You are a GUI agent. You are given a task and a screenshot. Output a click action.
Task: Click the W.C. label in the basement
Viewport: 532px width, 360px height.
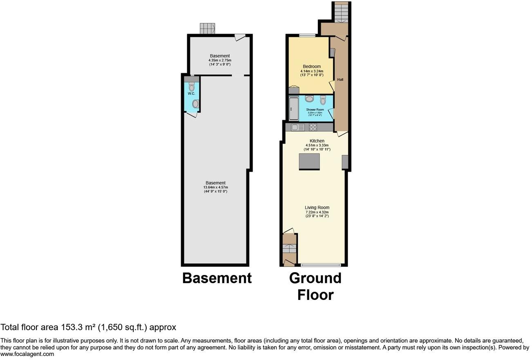pyautogui.click(x=191, y=94)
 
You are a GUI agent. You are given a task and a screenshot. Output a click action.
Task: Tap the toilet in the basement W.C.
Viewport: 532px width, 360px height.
pyautogui.click(x=192, y=87)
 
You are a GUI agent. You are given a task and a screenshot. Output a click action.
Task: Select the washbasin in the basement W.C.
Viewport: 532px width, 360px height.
pyautogui.click(x=196, y=104)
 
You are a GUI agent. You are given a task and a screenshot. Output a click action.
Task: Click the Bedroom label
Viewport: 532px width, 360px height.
pyautogui.click(x=311, y=66)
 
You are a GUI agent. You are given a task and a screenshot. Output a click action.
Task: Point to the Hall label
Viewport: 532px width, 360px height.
pyautogui.click(x=340, y=79)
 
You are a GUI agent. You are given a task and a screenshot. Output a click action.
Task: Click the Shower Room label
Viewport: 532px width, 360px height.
pyautogui.click(x=315, y=110)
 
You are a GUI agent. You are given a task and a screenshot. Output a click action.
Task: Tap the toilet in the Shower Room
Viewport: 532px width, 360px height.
pyautogui.click(x=323, y=100)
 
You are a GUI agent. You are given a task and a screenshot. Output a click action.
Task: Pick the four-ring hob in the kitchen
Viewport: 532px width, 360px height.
pyautogui.click(x=313, y=127)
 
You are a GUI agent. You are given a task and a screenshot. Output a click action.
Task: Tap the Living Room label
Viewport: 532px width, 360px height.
pyautogui.click(x=317, y=208)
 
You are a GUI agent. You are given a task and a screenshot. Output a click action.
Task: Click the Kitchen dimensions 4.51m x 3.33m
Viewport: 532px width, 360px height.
pyautogui.click(x=317, y=145)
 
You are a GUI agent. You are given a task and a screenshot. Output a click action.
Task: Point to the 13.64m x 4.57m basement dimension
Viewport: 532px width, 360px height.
pyautogui.click(x=215, y=187)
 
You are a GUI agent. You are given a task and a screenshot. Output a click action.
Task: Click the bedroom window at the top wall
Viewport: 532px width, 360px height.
pyautogui.click(x=307, y=36)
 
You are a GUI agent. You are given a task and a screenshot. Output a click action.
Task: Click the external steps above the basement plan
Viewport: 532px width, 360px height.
pyautogui.click(x=208, y=29)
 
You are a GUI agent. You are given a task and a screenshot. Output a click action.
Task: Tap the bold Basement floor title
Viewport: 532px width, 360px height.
pyautogui.click(x=217, y=278)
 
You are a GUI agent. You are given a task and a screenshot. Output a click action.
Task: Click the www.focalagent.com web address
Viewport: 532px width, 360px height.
pyautogui.click(x=27, y=354)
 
